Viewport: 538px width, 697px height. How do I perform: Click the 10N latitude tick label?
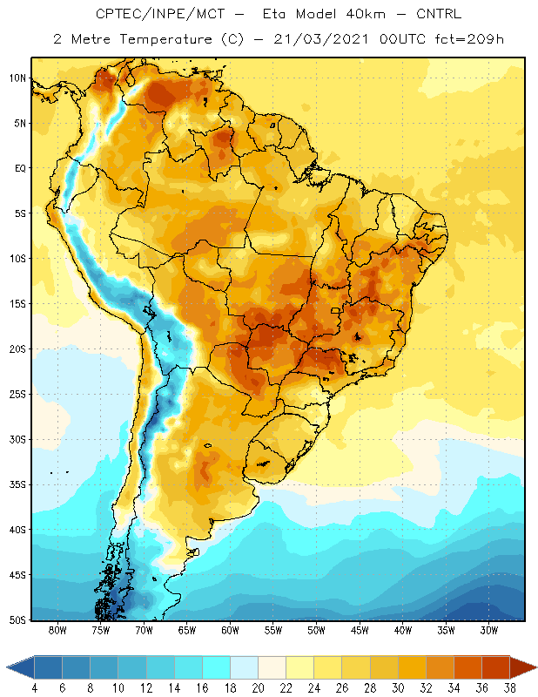click(x=17, y=78)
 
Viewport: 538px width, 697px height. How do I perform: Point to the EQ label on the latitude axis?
click(x=20, y=168)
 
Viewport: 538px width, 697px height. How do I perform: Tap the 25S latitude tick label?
click(x=17, y=395)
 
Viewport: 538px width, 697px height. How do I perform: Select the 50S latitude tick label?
click(x=17, y=620)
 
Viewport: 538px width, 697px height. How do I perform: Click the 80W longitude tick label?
click(x=57, y=630)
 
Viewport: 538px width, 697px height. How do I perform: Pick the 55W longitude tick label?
click(x=273, y=630)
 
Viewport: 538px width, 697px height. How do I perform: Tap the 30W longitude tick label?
click(x=489, y=630)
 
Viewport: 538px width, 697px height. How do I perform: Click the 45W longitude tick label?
click(x=360, y=630)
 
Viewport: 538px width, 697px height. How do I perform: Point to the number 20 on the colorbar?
click(x=258, y=688)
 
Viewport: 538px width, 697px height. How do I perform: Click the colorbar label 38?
click(x=510, y=688)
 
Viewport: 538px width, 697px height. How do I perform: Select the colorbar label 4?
click(x=34, y=688)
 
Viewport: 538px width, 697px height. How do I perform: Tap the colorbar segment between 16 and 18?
click(x=217, y=667)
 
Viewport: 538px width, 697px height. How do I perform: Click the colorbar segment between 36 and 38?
click(x=496, y=667)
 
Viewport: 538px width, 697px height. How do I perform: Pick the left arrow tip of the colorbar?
click(x=7, y=667)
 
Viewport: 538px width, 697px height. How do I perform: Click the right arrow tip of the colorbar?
click(x=536, y=667)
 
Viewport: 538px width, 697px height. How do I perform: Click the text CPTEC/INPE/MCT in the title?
click(x=160, y=14)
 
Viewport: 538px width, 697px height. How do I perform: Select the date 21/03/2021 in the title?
click(x=321, y=39)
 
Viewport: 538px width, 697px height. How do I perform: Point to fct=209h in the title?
click(x=469, y=39)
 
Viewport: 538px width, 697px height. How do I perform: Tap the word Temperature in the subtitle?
click(x=165, y=39)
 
